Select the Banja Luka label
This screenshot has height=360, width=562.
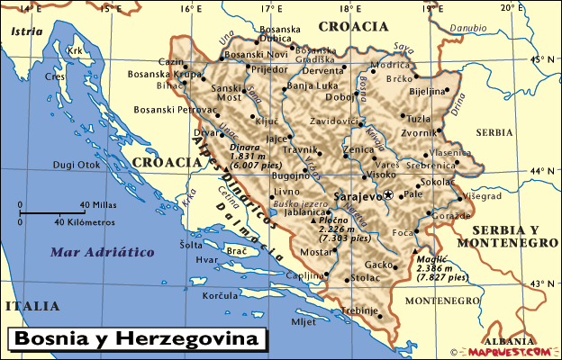pos(312,86)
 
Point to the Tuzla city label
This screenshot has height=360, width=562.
pos(419,119)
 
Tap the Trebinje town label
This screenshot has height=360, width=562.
pos(361,310)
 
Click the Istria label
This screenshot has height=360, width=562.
pos(26,31)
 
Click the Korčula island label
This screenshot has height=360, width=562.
pos(221,295)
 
